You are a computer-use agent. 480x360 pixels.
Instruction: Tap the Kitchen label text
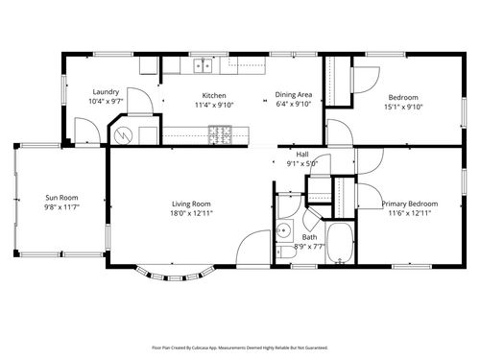(213, 96)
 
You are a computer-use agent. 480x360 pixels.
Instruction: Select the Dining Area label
(293, 96)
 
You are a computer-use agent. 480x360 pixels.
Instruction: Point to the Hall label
(302, 154)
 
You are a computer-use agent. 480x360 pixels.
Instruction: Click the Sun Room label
(60, 198)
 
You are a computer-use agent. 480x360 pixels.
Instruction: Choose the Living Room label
(191, 204)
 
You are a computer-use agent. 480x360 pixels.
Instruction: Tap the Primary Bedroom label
(410, 204)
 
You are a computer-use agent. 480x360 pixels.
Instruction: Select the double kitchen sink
(203, 66)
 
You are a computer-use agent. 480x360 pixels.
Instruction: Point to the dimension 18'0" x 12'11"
(191, 214)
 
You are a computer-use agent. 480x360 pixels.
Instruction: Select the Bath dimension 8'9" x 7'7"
(309, 246)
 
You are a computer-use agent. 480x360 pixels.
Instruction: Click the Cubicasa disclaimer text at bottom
(240, 348)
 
